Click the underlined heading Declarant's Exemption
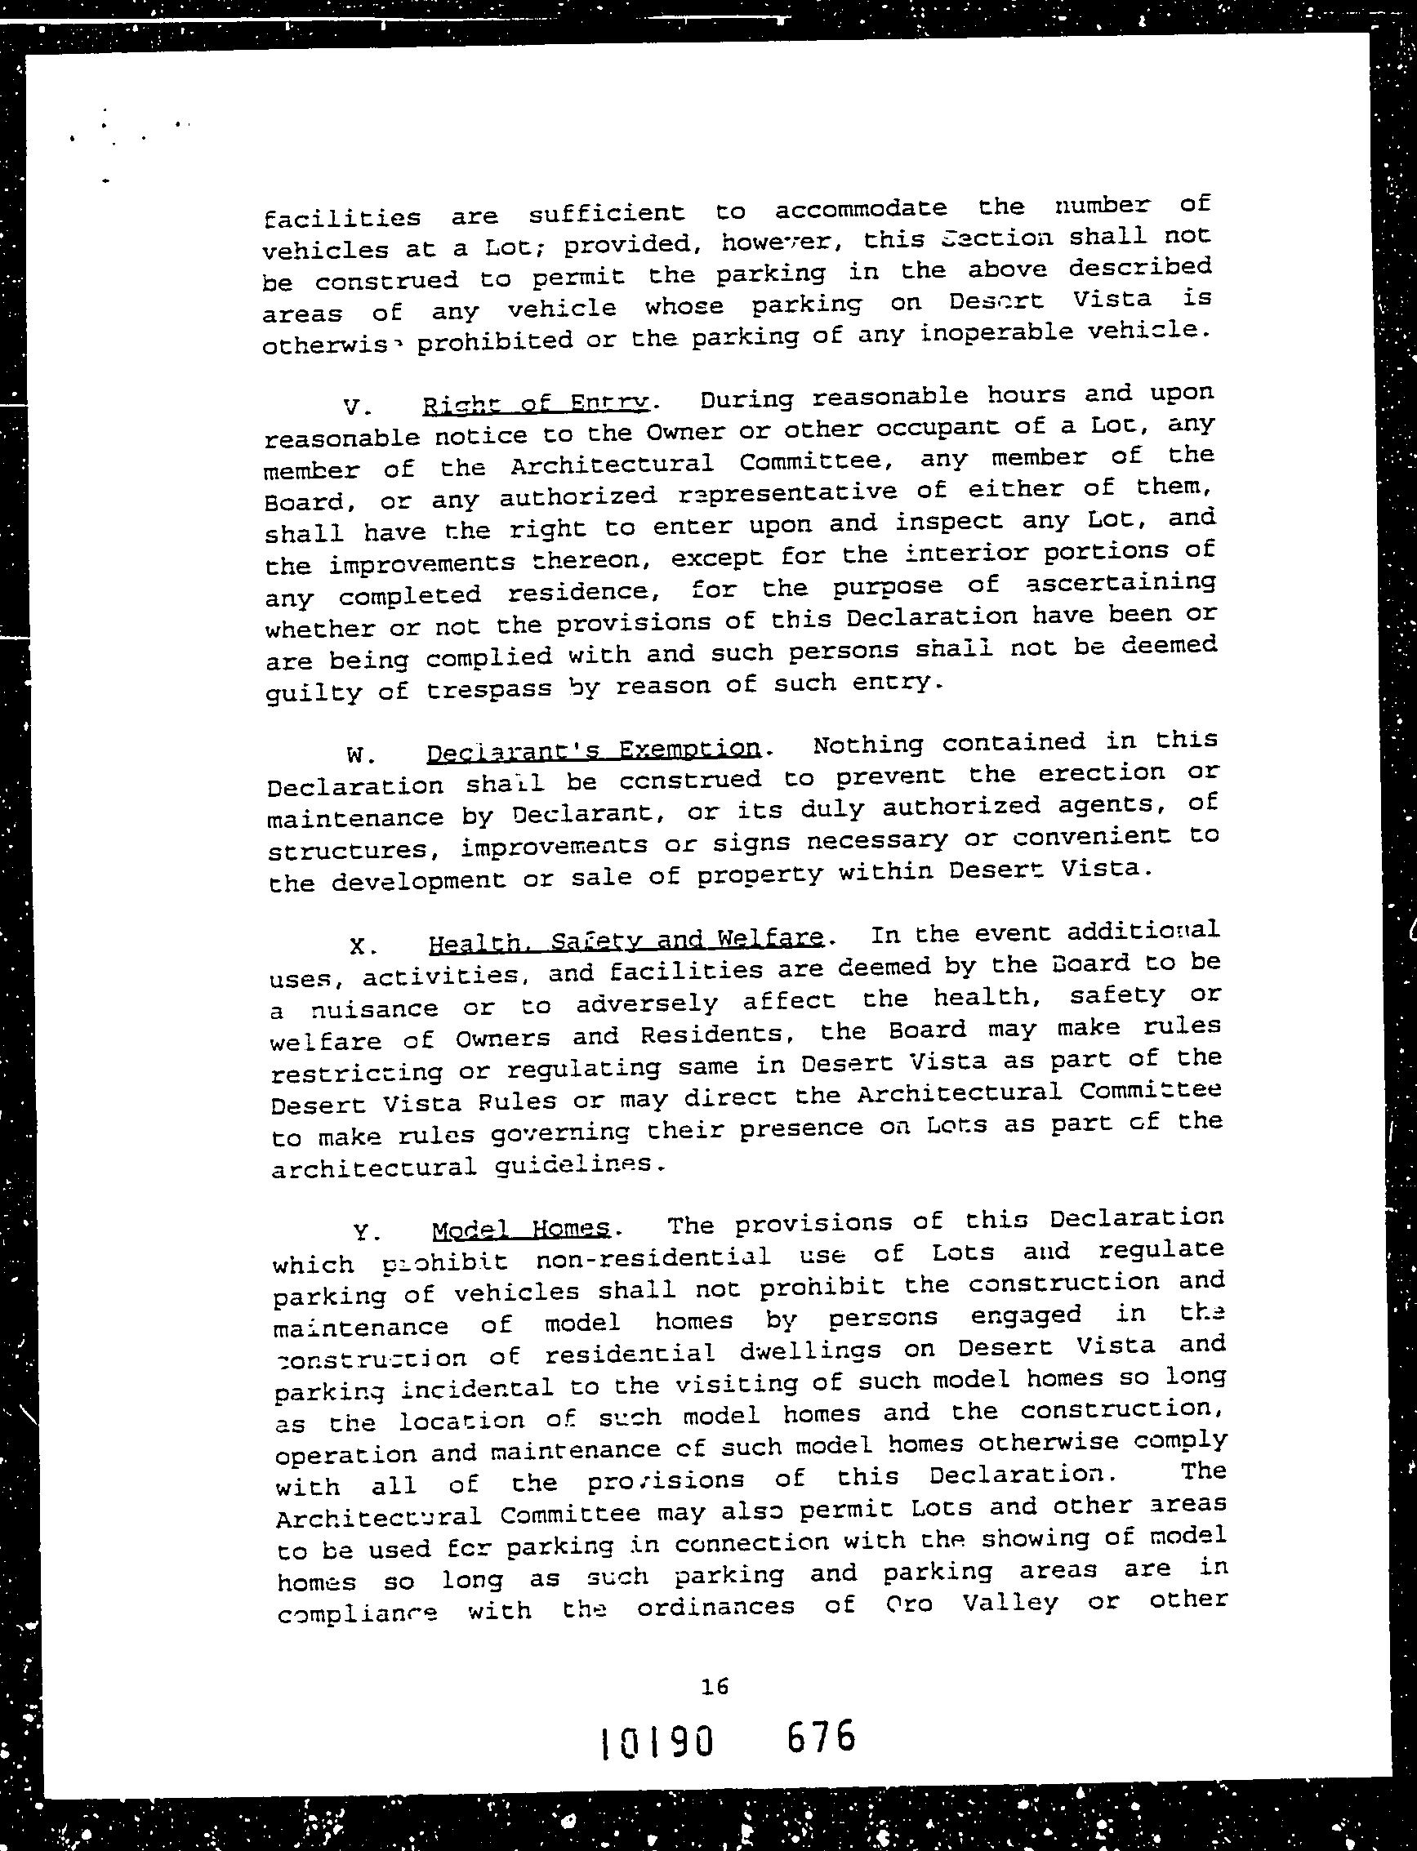pos(594,750)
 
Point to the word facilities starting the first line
pos(341,218)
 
